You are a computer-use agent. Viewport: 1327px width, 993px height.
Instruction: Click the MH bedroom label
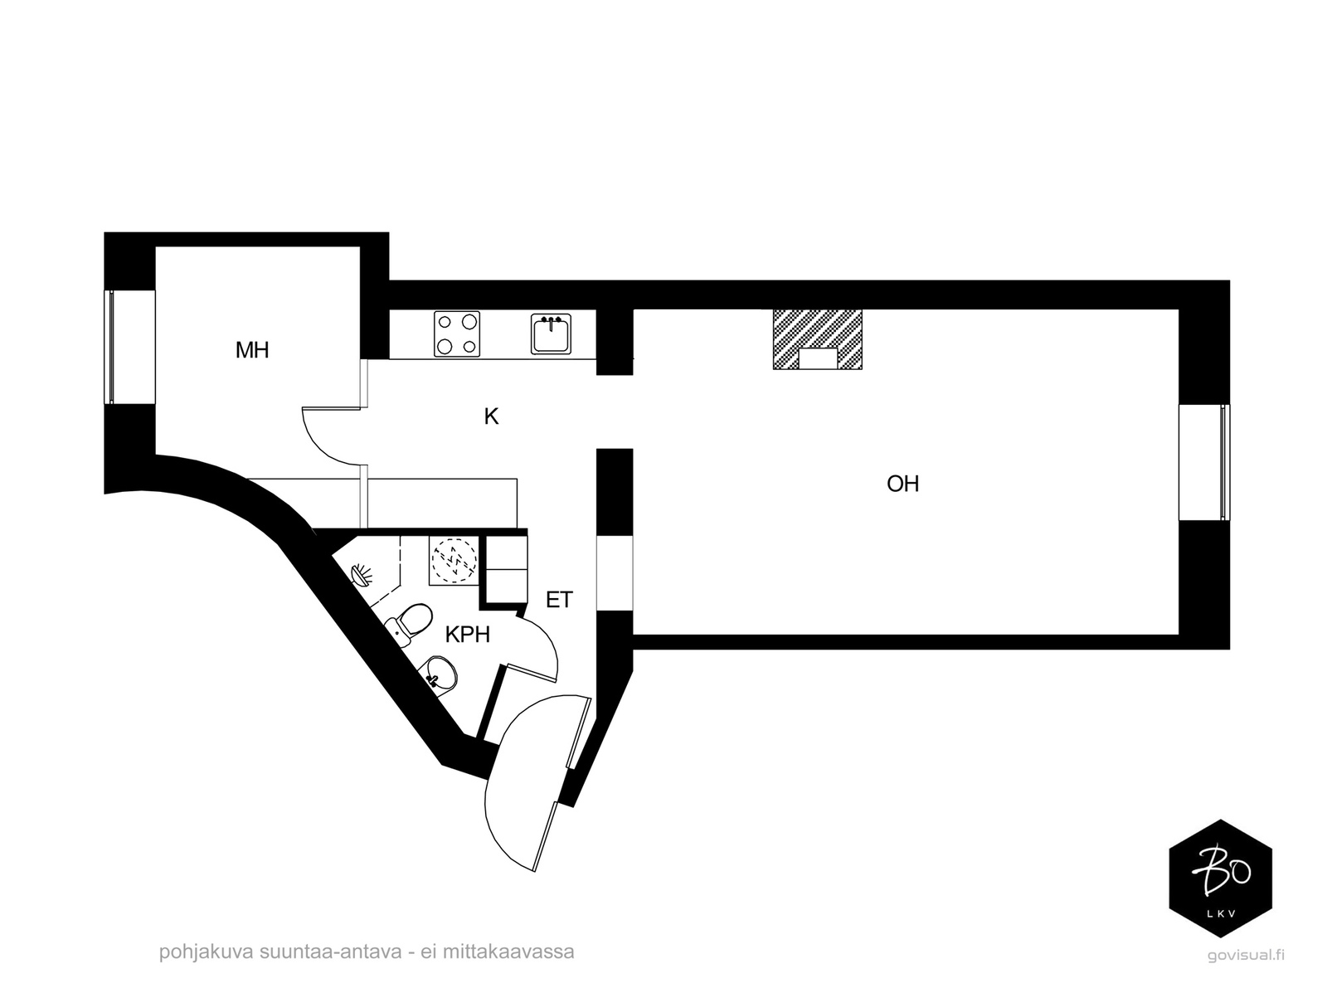(252, 350)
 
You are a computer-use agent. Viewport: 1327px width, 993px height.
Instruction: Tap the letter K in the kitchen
(491, 416)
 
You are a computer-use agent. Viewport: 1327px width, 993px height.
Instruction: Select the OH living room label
(902, 484)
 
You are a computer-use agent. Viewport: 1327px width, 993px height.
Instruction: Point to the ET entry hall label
(559, 600)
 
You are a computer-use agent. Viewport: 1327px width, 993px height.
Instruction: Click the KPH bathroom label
(467, 635)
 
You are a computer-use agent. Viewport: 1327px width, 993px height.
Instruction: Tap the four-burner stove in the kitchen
(456, 333)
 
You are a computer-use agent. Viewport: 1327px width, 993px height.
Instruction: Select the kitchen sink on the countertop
(551, 333)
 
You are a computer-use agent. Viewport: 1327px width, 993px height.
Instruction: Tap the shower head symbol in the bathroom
(362, 575)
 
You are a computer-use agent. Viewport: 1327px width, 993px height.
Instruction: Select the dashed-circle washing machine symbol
(454, 560)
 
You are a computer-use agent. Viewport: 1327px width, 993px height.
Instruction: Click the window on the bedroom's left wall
(110, 347)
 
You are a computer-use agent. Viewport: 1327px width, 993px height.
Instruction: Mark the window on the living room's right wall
(1223, 462)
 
